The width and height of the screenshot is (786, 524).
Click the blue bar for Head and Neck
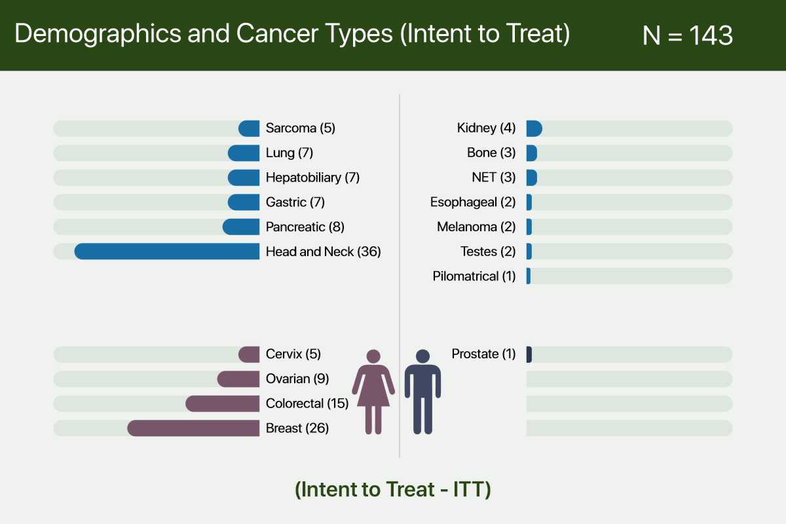pyautogui.click(x=167, y=252)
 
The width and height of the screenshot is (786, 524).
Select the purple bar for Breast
pyautogui.click(x=193, y=428)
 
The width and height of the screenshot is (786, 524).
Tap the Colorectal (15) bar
pyautogui.click(x=223, y=403)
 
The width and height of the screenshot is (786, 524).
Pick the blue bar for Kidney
pyautogui.click(x=534, y=128)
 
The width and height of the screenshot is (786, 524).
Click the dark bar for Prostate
pyautogui.click(x=529, y=354)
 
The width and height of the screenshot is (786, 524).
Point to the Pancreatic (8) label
pyautogui.click(x=305, y=227)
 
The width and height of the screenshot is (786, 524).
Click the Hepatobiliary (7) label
pyautogui.click(x=312, y=178)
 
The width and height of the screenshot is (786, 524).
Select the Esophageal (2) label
pyautogui.click(x=473, y=202)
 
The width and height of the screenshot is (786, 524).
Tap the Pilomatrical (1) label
pyautogui.click(x=474, y=276)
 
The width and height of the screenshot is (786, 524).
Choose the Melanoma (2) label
pyautogui.click(x=476, y=227)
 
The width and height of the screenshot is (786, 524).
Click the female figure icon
pyautogui.click(x=373, y=391)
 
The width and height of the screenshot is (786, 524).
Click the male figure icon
pyautogui.click(x=423, y=391)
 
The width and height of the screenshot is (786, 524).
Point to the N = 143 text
pyautogui.click(x=687, y=35)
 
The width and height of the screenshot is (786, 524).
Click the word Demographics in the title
pyautogui.click(x=98, y=34)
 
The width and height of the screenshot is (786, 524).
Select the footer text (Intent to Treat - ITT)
pyautogui.click(x=392, y=489)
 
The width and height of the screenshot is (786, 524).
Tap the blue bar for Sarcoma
pyautogui.click(x=249, y=128)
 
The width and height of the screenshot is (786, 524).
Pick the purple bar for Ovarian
pyautogui.click(x=238, y=379)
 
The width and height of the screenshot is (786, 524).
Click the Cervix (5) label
pyautogui.click(x=293, y=354)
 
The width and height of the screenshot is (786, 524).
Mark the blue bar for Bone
pyautogui.click(x=532, y=153)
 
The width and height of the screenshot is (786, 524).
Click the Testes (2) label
pyautogui.click(x=488, y=252)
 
